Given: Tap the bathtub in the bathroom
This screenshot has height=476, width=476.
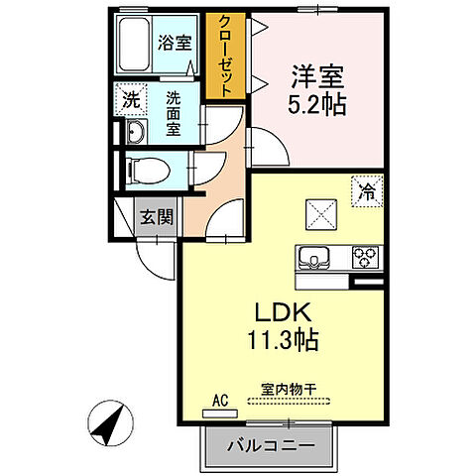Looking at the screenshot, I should (x=134, y=45).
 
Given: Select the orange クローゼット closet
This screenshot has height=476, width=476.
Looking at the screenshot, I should (x=226, y=56).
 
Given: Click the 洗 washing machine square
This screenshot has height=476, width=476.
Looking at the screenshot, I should (x=130, y=98).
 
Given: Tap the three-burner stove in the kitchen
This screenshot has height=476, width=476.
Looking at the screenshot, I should (x=363, y=258).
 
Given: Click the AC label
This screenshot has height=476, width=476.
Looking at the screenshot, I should (x=220, y=401).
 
